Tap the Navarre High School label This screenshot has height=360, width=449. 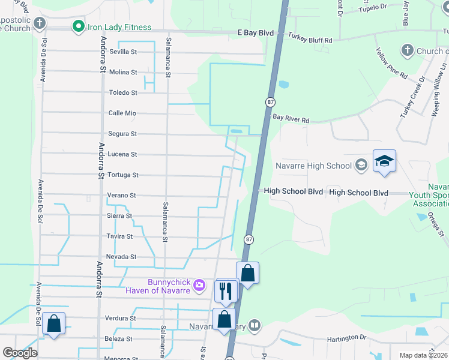tap(313, 165)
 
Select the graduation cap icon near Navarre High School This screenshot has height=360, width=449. tap(384, 161)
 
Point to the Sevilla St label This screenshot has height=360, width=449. tap(123, 52)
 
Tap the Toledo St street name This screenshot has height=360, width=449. tap(123, 93)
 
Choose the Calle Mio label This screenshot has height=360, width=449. tap(122, 113)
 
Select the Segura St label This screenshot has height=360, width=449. tap(122, 134)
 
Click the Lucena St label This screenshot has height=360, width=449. tap(122, 154)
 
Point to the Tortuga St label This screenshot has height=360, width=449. tap(122, 175)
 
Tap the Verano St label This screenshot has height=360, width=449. tap(122, 196)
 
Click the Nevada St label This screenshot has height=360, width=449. tap(122, 257)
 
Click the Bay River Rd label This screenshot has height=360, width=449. tap(291, 120)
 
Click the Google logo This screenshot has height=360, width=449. tap(20, 353)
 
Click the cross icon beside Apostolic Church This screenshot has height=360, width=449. tap(40, 23)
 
